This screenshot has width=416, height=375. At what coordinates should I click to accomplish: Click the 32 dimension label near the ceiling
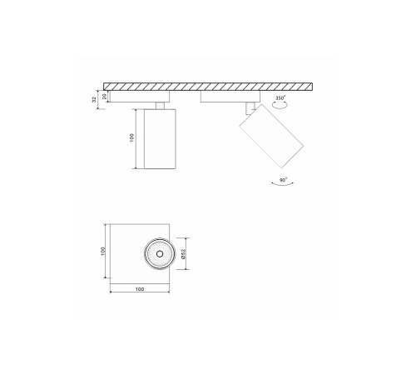click(x=93, y=98)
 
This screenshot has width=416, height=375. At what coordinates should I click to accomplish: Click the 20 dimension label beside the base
click(x=103, y=96)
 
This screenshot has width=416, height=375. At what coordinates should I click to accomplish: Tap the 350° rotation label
click(x=280, y=98)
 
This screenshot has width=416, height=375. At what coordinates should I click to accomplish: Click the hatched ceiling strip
click(x=208, y=86)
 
